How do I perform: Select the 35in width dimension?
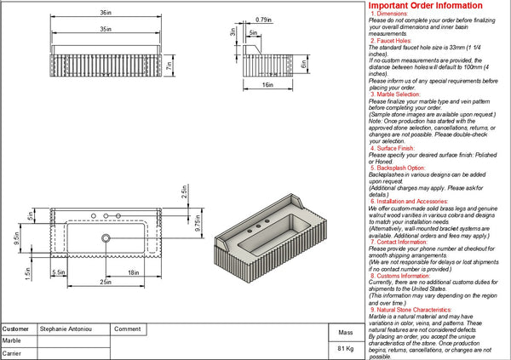(x=103, y=28)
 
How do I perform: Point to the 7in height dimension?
(x=169, y=64)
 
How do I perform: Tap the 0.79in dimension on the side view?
(x=263, y=19)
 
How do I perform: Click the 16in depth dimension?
(x=267, y=85)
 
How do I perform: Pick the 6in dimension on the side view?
(x=303, y=63)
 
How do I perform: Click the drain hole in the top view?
(x=106, y=239)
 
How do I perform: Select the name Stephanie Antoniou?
(x=67, y=328)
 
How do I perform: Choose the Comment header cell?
(x=126, y=328)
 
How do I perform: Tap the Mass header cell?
(x=346, y=333)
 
